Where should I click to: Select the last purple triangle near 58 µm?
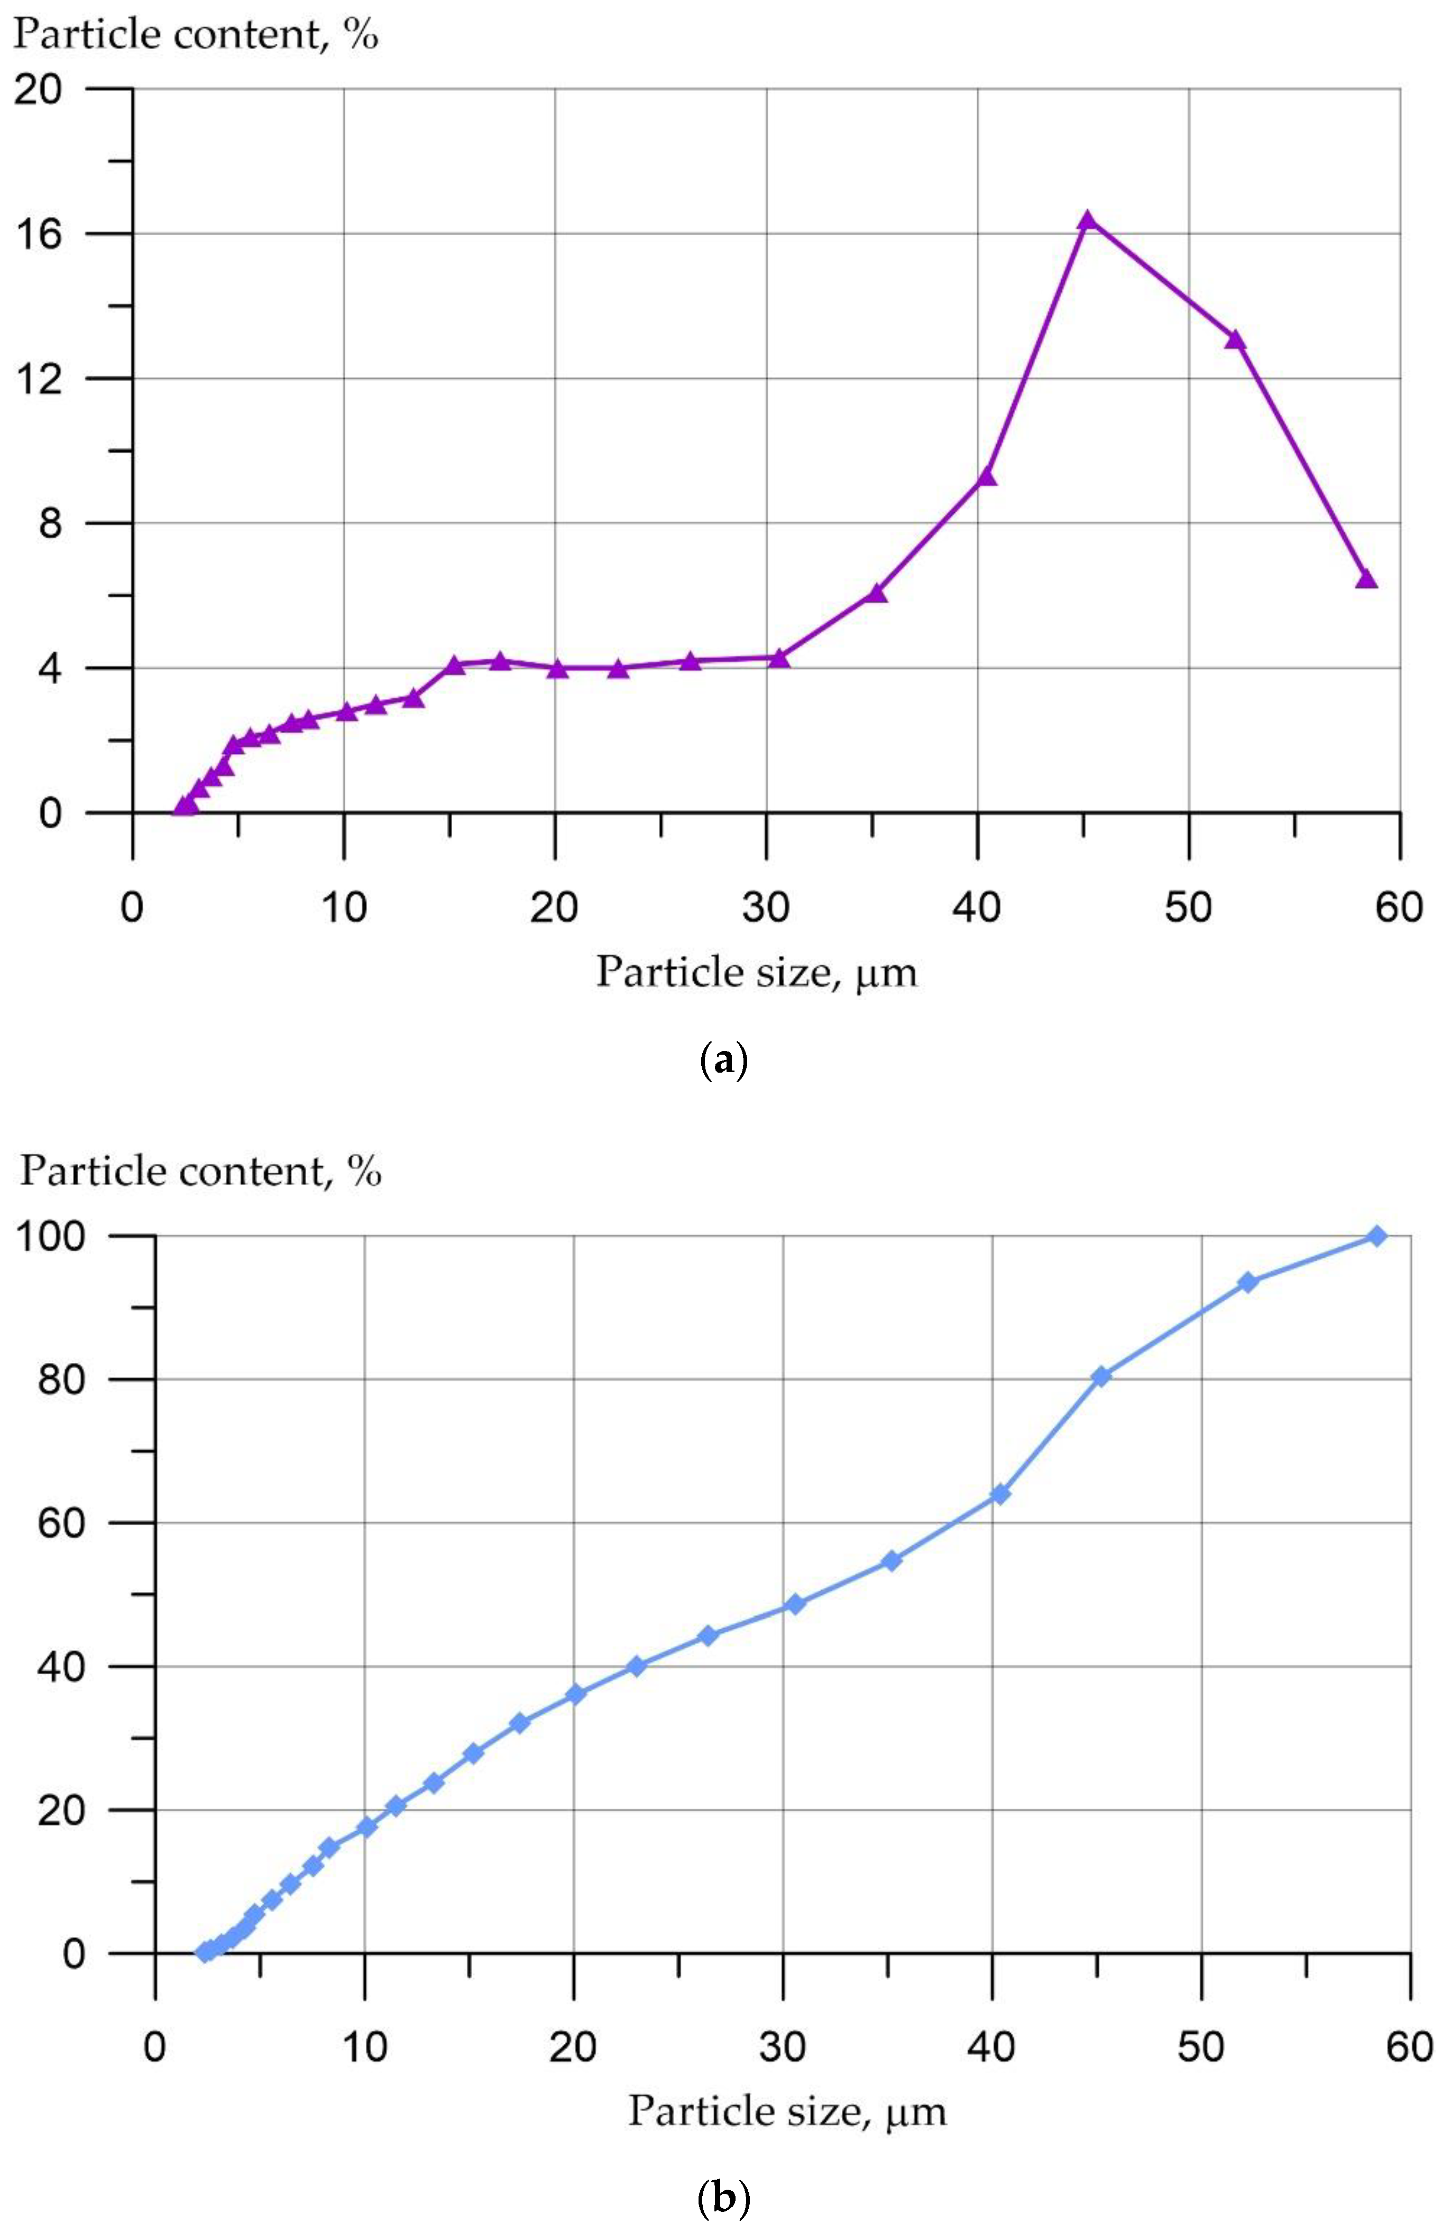click(x=1366, y=579)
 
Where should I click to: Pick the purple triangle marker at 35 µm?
click(x=876, y=593)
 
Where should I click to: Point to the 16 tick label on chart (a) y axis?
click(x=39, y=234)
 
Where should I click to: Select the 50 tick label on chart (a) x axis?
click(x=1188, y=908)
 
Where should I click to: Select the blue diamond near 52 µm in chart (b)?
click(x=1247, y=1282)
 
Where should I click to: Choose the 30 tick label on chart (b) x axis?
click(x=782, y=2046)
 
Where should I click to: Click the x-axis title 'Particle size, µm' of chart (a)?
click(x=756, y=973)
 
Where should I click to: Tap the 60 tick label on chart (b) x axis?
click(x=1409, y=2046)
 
